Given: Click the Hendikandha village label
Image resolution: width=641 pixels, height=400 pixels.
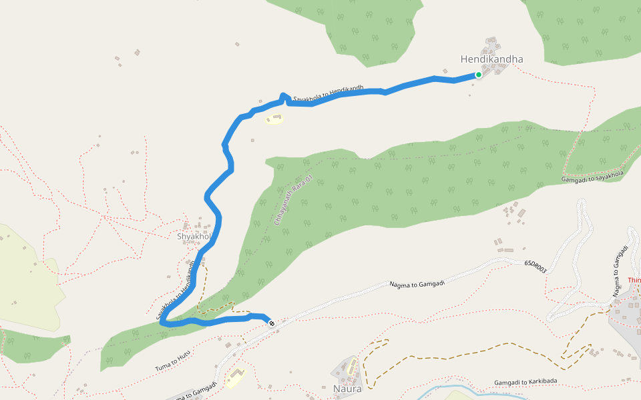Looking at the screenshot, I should click(x=491, y=59).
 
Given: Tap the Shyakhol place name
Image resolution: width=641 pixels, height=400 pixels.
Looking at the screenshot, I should click(x=194, y=237).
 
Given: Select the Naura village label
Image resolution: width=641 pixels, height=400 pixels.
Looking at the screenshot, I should click(x=347, y=389).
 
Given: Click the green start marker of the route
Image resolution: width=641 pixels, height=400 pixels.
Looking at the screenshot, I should click(x=479, y=75).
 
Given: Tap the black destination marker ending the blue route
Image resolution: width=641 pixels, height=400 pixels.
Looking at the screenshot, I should click(x=272, y=323).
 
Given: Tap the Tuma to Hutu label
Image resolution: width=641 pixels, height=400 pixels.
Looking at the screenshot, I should click(x=173, y=361).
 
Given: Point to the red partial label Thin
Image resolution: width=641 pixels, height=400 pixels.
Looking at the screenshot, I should click(x=634, y=281).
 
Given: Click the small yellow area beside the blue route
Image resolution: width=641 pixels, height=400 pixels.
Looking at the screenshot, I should click(x=274, y=119).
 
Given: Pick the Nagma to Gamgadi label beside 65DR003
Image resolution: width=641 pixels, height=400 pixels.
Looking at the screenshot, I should click(x=417, y=284).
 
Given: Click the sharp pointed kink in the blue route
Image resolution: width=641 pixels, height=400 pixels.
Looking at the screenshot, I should click(x=284, y=95).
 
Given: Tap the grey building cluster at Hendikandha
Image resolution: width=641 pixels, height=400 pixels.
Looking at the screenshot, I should click(x=493, y=50).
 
